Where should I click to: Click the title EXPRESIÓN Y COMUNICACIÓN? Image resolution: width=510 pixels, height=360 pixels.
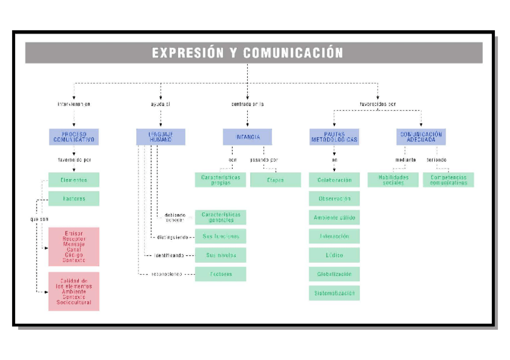[247, 53]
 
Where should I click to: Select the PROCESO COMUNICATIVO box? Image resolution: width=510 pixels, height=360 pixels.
[74, 137]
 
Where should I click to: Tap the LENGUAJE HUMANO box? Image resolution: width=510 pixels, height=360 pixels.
[160, 137]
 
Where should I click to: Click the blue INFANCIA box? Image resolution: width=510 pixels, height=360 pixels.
[247, 137]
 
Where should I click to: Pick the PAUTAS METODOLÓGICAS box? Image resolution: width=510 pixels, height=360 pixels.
[334, 137]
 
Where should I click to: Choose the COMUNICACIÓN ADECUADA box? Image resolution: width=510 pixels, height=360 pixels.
[421, 137]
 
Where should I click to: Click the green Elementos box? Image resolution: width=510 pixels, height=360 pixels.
[74, 180]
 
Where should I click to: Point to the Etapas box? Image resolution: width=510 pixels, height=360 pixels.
[275, 180]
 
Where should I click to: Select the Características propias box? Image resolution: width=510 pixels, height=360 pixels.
[221, 180]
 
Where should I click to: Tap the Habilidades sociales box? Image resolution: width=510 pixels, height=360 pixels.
[393, 180]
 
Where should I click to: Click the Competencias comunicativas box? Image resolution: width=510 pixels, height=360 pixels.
[448, 180]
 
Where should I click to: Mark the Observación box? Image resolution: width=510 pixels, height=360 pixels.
[334, 198]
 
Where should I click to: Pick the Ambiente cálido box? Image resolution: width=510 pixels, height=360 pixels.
[334, 217]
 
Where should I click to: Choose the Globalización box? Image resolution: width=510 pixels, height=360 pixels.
[334, 274]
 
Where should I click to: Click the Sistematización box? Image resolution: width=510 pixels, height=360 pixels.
[334, 293]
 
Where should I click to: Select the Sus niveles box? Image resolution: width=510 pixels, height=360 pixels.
[221, 255]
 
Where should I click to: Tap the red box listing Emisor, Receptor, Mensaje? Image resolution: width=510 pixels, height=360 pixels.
[74, 246]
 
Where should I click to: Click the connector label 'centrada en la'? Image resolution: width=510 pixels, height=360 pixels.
[247, 104]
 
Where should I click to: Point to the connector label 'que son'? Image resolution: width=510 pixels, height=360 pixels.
[40, 219]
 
